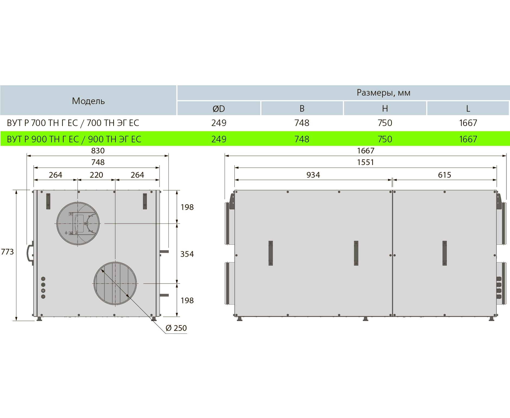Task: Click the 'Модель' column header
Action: pos(88,101)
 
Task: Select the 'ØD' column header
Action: pos(219,109)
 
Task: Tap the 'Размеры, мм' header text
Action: pos(383,93)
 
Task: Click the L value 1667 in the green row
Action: pos(468,139)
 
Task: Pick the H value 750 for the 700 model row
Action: pos(385,123)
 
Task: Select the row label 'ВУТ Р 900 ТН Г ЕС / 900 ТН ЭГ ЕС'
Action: pos(74,139)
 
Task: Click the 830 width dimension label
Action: pos(98,150)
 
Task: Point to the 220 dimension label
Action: pos(96,175)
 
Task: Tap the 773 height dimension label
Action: pos(7,252)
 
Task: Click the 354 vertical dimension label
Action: pos(187,254)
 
